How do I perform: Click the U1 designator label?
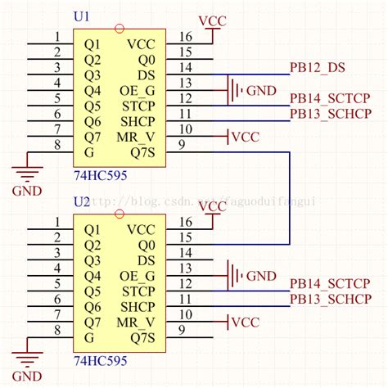(83, 16)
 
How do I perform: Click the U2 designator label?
(83, 201)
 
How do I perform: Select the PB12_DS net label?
(318, 67)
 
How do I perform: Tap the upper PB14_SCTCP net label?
(330, 98)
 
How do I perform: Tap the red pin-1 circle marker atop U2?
(120, 214)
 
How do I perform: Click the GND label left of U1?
(25, 192)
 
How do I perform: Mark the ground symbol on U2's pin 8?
(29, 358)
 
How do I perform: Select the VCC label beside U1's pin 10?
(245, 137)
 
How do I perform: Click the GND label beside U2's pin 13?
(261, 275)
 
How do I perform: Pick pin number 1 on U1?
(56, 37)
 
